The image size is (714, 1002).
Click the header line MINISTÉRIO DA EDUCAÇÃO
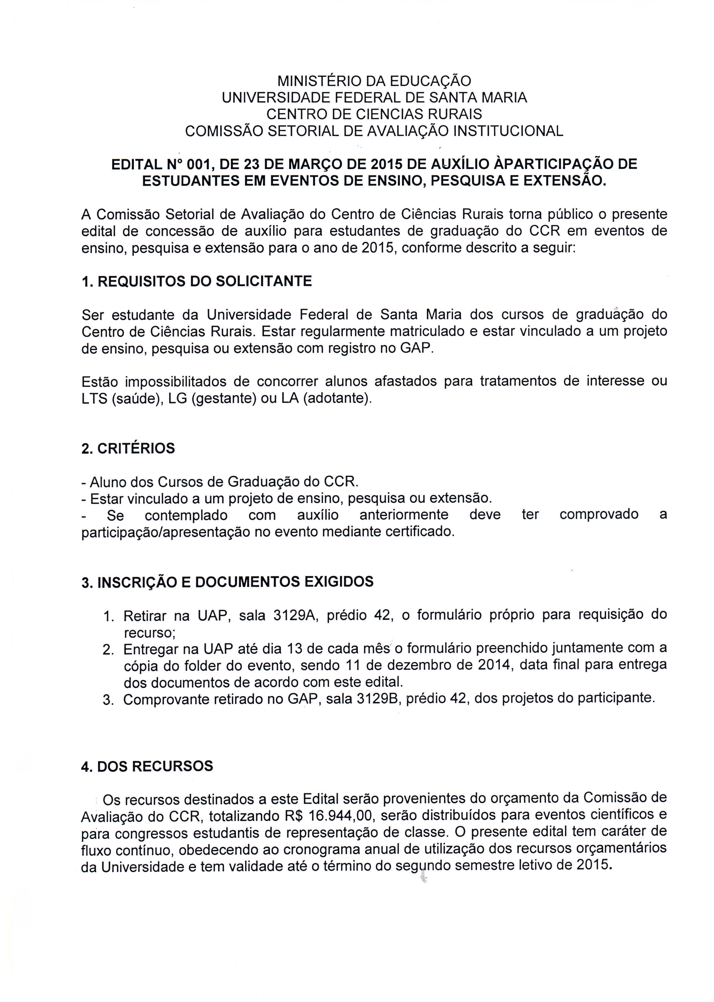pyautogui.click(x=374, y=81)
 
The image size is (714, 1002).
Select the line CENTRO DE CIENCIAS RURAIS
pyautogui.click(x=374, y=114)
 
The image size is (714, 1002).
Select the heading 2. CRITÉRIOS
pyautogui.click(x=128, y=449)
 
